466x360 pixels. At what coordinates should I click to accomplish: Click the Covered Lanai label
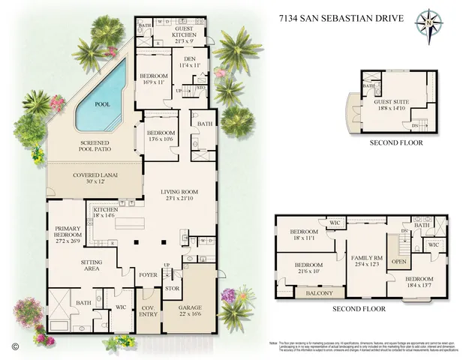94,178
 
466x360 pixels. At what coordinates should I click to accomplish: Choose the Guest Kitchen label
184,34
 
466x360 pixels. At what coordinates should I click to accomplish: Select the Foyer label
149,274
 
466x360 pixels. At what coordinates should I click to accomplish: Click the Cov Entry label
148,313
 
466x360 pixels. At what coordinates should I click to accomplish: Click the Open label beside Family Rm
399,262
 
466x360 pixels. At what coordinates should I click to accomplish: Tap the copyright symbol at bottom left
14,346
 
